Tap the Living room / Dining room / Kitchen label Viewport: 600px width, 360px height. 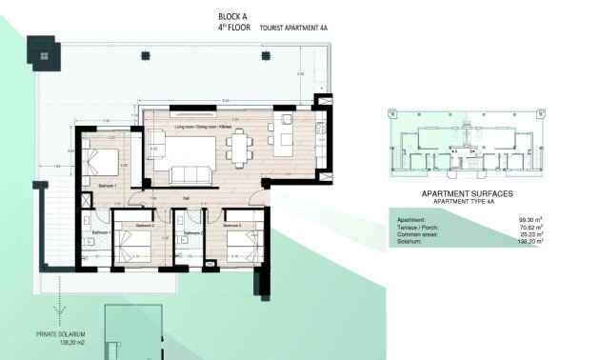[204, 127]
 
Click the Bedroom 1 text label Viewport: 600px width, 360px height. [107, 186]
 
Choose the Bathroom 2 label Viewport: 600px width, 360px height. [192, 232]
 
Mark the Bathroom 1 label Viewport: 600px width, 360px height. [102, 232]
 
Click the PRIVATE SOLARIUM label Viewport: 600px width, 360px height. [63, 334]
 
